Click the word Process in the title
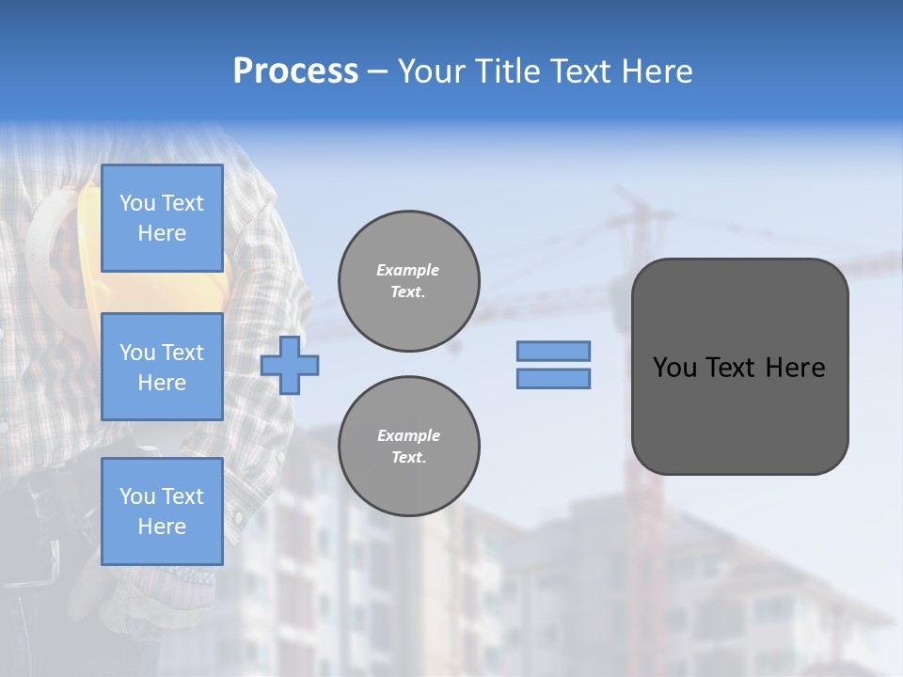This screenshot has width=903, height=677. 295,71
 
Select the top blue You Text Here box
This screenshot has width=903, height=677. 162,218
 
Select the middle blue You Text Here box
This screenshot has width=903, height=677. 162,367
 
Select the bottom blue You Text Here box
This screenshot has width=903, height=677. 162,511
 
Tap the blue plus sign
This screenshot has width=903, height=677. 290,365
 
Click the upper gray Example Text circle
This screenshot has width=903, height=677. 409,281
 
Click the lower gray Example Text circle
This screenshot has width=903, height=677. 409,447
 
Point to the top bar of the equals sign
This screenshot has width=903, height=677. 553,351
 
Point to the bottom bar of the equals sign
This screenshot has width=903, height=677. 553,378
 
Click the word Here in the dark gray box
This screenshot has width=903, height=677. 795,368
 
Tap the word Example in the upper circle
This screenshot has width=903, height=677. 408,270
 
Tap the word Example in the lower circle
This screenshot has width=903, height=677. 408,435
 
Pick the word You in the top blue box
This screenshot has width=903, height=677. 137,203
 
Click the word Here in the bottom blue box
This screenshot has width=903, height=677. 162,527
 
